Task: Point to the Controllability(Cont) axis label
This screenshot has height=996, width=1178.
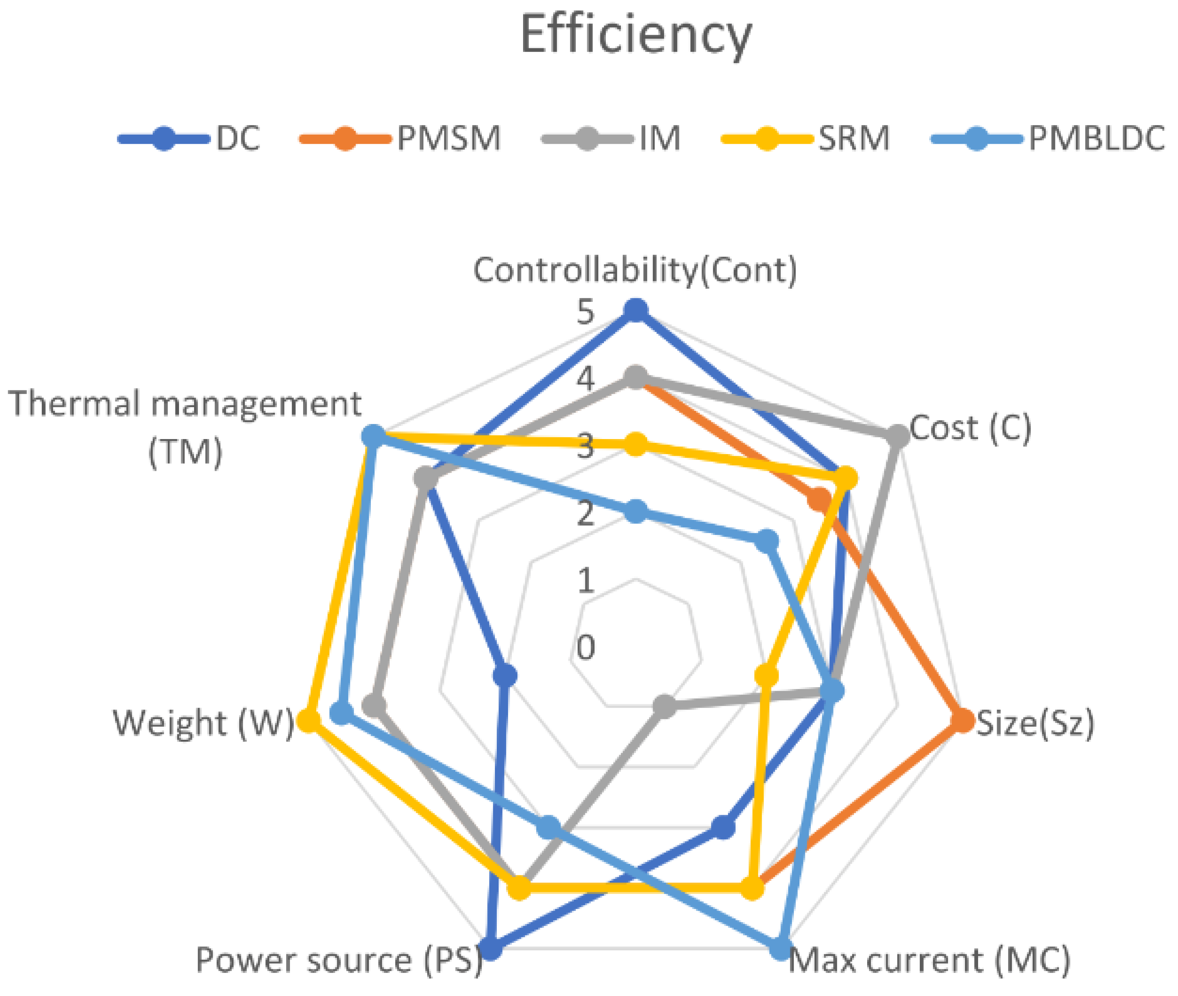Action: pyautogui.click(x=635, y=270)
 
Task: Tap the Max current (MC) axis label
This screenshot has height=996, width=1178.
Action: pyautogui.click(x=929, y=959)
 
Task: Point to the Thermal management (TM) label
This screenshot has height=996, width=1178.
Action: pyautogui.click(x=185, y=427)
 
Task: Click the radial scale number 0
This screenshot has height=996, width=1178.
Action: pyautogui.click(x=586, y=647)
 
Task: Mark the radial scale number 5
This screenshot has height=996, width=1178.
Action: pyautogui.click(x=586, y=312)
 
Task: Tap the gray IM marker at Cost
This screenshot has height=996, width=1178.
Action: pyautogui.click(x=897, y=436)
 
